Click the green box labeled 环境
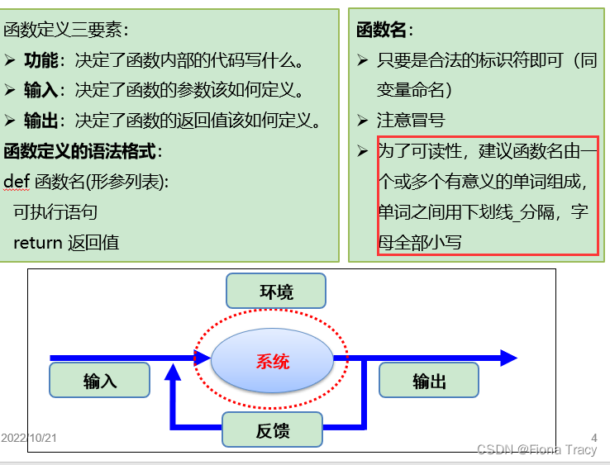pyautogui.click(x=276, y=292)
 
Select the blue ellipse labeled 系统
pyautogui.click(x=273, y=361)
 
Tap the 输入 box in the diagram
pyautogui.click(x=100, y=381)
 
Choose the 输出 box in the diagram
pyautogui.click(x=429, y=381)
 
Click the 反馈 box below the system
pyautogui.click(x=272, y=429)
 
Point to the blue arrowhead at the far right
pyautogui.click(x=508, y=358)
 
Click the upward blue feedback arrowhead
pyautogui.click(x=173, y=372)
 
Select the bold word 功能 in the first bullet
pyautogui.click(x=41, y=60)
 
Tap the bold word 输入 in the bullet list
pyautogui.click(x=41, y=91)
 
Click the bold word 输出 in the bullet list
pyautogui.click(x=41, y=121)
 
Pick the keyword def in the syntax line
pyautogui.click(x=17, y=182)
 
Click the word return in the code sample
pyautogui.click(x=37, y=242)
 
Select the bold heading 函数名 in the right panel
pyautogui.click(x=381, y=31)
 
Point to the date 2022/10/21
pyautogui.click(x=29, y=438)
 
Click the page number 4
pyautogui.click(x=593, y=438)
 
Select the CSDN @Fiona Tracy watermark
pyautogui.click(x=536, y=449)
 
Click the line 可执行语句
pyautogui.click(x=55, y=212)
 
